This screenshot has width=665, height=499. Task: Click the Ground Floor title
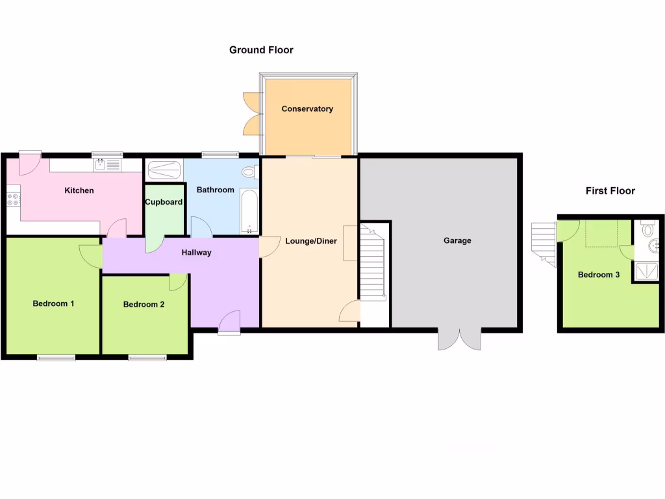(x=261, y=50)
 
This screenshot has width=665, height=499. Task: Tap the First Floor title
(x=610, y=191)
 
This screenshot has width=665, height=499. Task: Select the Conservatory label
(x=307, y=109)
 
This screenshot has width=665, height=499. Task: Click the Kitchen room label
(x=79, y=191)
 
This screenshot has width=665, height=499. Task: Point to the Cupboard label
(x=164, y=203)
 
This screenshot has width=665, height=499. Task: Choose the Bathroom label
(x=215, y=190)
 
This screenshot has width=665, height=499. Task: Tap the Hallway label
(x=196, y=253)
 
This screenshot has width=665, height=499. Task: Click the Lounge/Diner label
(x=311, y=242)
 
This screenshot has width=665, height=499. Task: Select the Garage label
(x=457, y=241)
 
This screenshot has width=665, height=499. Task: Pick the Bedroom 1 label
(x=53, y=303)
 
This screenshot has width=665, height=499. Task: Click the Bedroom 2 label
(x=144, y=304)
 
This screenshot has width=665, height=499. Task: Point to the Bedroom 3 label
(x=599, y=275)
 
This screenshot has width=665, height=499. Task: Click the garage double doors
(x=459, y=339)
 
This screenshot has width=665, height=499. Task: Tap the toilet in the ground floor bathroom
(x=248, y=172)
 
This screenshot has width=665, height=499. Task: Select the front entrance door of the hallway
(x=230, y=322)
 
